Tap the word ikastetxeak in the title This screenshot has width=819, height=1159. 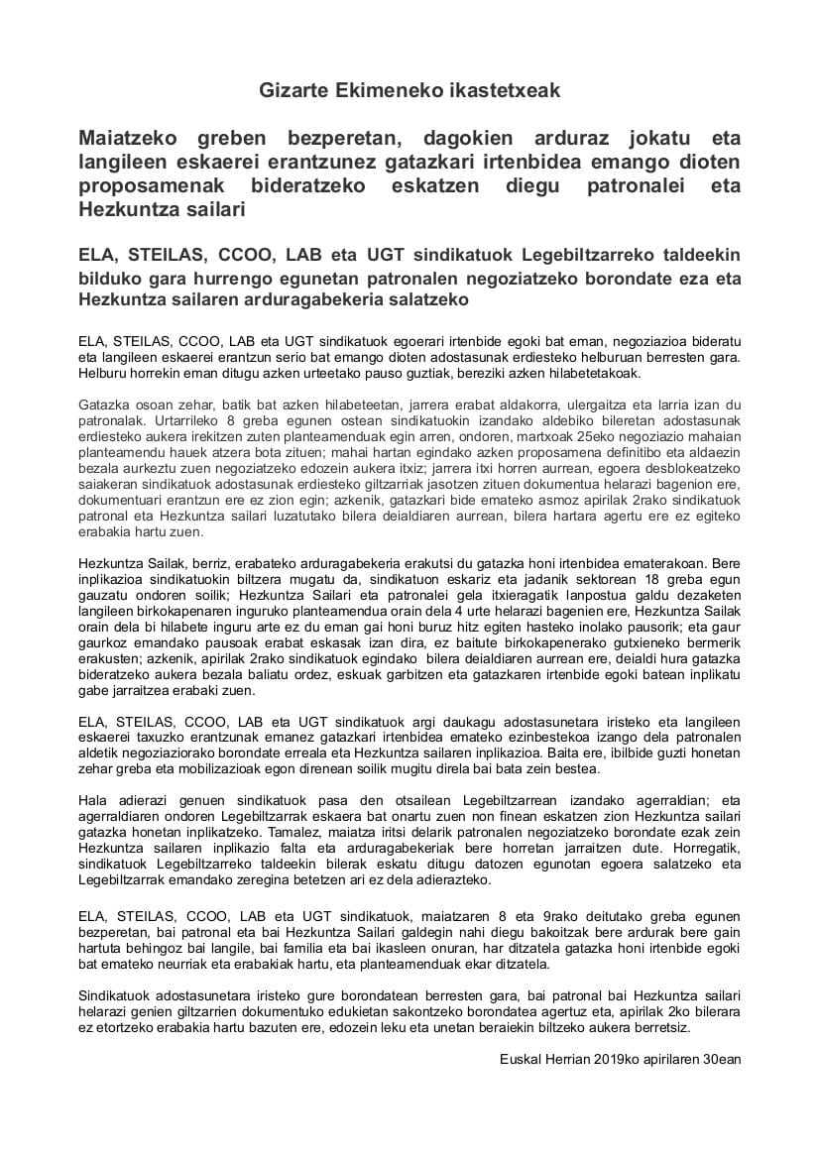click(x=503, y=90)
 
